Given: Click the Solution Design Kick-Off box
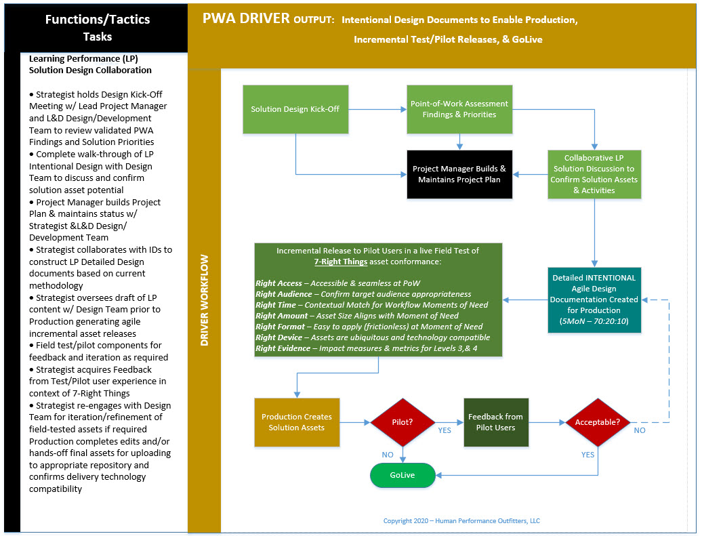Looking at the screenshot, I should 295,109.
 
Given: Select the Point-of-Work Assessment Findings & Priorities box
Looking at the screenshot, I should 459,109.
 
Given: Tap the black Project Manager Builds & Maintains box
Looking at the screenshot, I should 459,174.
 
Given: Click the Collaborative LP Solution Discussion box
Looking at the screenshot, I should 594,174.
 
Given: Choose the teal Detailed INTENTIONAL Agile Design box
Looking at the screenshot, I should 594,299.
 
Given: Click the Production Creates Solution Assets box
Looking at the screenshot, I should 296,422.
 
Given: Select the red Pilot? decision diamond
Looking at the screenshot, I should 403,422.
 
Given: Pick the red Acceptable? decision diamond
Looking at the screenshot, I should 598,422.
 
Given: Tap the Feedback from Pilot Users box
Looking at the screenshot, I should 495,422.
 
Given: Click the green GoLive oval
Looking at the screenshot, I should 402,475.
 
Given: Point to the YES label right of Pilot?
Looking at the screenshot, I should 445,430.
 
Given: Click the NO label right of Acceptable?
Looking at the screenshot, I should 639,430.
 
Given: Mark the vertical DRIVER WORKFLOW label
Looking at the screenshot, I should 204,300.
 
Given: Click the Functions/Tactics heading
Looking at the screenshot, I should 98,19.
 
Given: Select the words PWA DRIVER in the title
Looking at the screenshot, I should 245,18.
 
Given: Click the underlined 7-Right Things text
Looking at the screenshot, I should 340,262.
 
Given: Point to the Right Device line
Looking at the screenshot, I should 372,337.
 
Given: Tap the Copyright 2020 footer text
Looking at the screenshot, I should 461,521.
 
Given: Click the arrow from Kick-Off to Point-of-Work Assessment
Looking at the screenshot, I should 377,109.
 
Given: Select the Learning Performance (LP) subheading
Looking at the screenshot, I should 84,59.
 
